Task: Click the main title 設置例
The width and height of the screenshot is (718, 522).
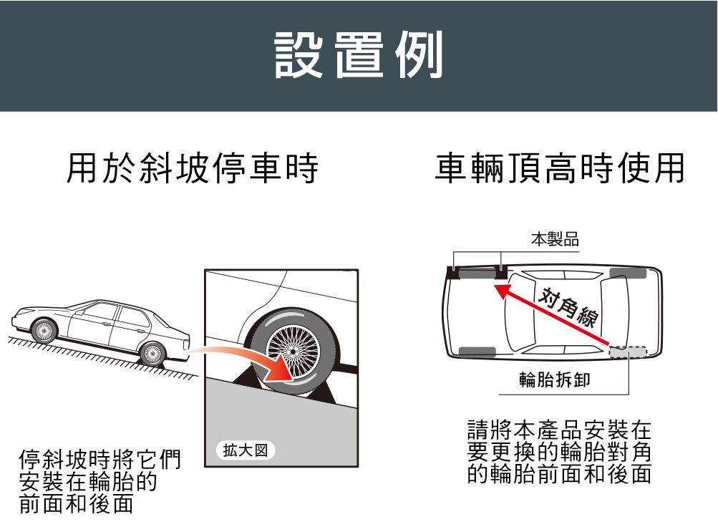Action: click(359, 55)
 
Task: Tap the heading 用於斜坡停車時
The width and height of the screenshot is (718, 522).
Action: click(193, 168)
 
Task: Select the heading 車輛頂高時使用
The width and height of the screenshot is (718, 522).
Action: click(560, 168)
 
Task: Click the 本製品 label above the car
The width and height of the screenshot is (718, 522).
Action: click(555, 239)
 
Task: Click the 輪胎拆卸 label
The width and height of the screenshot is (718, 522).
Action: click(555, 380)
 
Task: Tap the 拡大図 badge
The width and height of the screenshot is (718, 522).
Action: click(246, 450)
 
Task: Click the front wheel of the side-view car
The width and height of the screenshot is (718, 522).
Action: click(44, 330)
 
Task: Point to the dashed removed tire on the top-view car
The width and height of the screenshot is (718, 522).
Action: click(628, 352)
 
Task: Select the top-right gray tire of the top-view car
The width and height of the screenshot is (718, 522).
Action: click(628, 274)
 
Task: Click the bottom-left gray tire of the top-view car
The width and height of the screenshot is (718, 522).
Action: click(477, 352)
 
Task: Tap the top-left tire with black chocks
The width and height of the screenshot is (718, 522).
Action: click(477, 274)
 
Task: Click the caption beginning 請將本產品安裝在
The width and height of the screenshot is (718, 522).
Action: click(559, 452)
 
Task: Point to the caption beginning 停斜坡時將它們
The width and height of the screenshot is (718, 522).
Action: click(100, 481)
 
